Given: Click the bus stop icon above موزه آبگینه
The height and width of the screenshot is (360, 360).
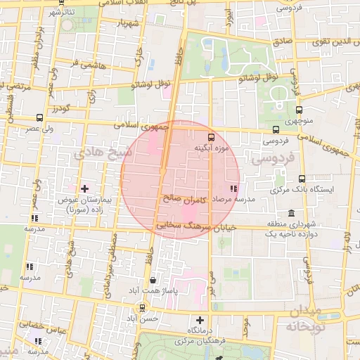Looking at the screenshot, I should click(x=210, y=136).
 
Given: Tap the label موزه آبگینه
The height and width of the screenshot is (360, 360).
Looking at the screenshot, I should click(x=210, y=149).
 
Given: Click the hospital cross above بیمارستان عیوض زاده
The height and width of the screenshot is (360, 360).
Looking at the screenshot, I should click(x=86, y=188).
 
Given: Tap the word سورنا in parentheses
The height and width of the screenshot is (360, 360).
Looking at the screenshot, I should click(x=76, y=210).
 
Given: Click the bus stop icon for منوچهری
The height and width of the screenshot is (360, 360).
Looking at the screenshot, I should click(x=300, y=110).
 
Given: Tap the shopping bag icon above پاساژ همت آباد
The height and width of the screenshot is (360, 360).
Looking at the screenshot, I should click(x=153, y=280).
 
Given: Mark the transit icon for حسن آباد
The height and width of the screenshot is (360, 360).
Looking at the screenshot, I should click(x=143, y=307).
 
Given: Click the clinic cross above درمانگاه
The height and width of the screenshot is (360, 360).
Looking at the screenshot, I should click(x=200, y=320).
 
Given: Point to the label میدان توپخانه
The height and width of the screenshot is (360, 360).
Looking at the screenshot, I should click(x=304, y=319).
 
